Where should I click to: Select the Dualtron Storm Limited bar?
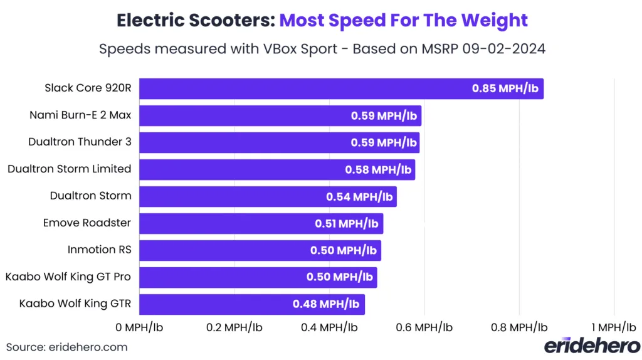(x=276, y=169)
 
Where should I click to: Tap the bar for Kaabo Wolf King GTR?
(x=251, y=304)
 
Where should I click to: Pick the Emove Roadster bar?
(x=261, y=223)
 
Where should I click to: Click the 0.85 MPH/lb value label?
(x=505, y=88)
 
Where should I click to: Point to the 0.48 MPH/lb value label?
(x=325, y=304)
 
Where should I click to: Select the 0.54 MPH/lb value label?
(x=359, y=196)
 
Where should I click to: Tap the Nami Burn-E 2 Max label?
(x=80, y=115)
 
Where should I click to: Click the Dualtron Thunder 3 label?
(x=80, y=142)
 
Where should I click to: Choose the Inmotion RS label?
(x=99, y=250)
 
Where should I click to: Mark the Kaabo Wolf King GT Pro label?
(x=68, y=277)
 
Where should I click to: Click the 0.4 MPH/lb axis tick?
(x=329, y=327)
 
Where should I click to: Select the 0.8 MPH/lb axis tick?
(x=519, y=327)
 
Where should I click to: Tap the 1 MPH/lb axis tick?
(x=613, y=327)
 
